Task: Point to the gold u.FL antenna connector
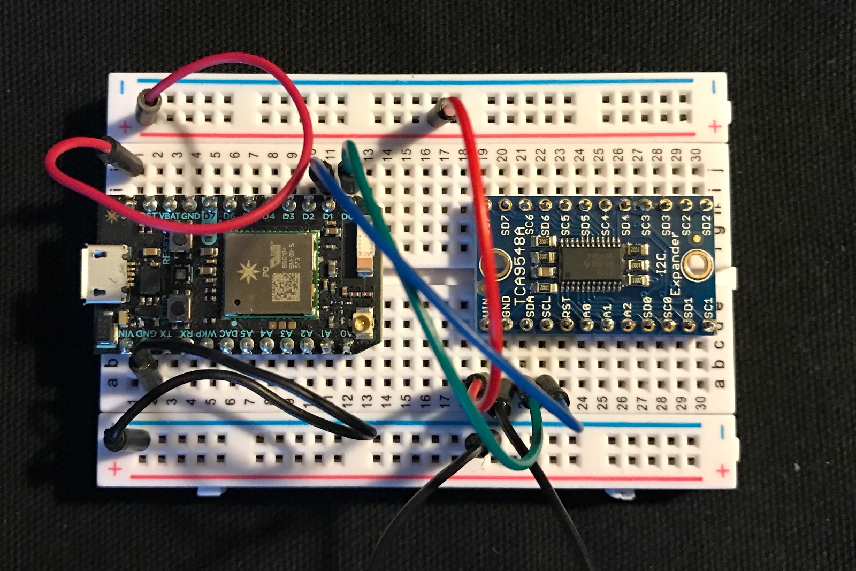tap(362, 323)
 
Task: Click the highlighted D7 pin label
tap(210, 216)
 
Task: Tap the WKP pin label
tap(205, 333)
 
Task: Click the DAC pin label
tap(226, 333)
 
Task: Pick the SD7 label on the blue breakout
tap(505, 225)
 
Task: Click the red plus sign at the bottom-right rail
tap(722, 471)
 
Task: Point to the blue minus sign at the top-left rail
tap(123, 87)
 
